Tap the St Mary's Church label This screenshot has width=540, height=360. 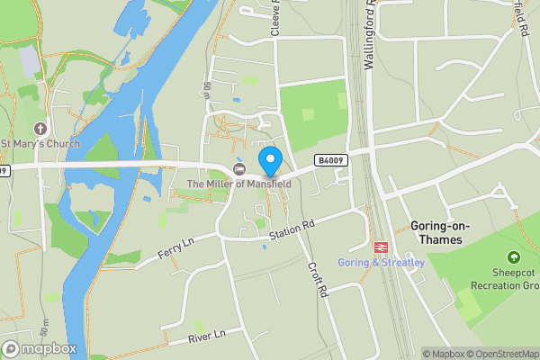(40, 144)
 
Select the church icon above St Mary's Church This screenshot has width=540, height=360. (40, 129)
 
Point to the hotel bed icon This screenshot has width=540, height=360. (239, 169)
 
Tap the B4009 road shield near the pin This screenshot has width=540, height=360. (328, 160)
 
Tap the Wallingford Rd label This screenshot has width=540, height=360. (369, 36)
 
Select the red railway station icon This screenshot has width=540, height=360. (380, 247)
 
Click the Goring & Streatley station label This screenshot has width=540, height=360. (381, 262)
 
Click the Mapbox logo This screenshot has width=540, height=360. (40, 348)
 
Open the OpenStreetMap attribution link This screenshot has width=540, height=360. (495, 354)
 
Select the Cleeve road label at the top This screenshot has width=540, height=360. (276, 18)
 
